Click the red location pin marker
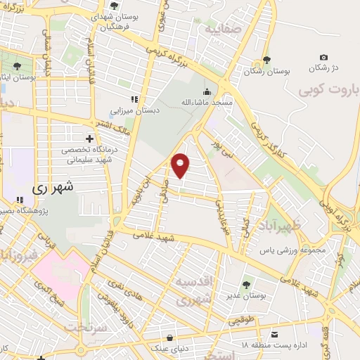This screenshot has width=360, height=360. point(181,165)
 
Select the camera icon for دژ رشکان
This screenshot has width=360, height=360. point(323,57)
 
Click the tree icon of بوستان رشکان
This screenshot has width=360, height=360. point(266,60)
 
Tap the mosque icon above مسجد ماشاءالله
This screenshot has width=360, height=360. point(207,91)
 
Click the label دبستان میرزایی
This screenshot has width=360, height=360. point(134,110)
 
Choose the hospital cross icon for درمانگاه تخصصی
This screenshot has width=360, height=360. point(89,138)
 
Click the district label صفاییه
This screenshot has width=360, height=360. point(224,31)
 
